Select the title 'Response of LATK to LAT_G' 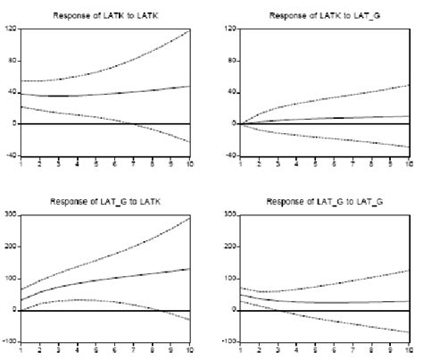(325, 16)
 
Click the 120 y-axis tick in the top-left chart (11, 29)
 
